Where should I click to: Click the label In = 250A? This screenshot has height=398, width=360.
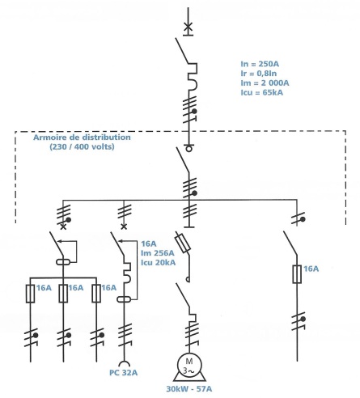260,64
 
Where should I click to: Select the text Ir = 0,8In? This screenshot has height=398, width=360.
259,74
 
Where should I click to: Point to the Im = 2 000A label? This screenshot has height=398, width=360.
265,83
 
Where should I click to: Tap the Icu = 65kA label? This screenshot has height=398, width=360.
261,92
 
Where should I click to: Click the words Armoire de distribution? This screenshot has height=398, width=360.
82,138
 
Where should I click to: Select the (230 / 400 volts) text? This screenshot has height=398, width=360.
82,146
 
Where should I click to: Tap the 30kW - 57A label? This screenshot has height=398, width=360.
189,389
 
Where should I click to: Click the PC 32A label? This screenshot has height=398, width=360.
123,373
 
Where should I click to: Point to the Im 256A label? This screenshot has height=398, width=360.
158,253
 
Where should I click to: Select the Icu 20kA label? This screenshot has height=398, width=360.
159,263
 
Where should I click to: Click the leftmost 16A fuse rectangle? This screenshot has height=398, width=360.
30,294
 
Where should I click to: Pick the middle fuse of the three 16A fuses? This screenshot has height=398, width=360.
63,294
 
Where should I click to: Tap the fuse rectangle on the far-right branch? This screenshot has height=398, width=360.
297,274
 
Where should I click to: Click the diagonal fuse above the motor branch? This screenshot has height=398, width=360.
183,243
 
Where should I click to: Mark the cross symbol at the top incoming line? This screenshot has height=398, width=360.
188,27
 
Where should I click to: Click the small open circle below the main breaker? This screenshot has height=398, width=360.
188,149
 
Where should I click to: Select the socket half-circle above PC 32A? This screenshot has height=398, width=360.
125,364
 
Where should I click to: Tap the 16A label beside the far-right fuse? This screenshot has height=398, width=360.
311,269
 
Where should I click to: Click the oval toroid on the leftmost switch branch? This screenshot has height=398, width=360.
63,261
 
